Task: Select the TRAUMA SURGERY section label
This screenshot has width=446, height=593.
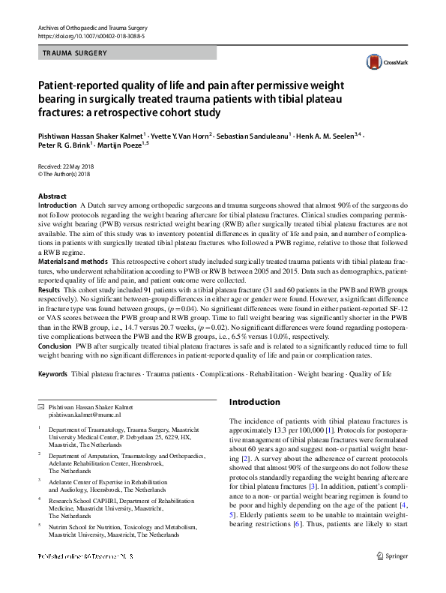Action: point(75,53)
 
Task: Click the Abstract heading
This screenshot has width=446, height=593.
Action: point(52,196)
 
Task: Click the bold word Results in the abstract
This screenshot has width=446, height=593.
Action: point(49,289)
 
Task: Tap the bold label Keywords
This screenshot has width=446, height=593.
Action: point(52,373)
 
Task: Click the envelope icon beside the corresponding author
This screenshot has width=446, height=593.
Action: point(41,406)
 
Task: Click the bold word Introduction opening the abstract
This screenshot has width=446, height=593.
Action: point(57,205)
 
